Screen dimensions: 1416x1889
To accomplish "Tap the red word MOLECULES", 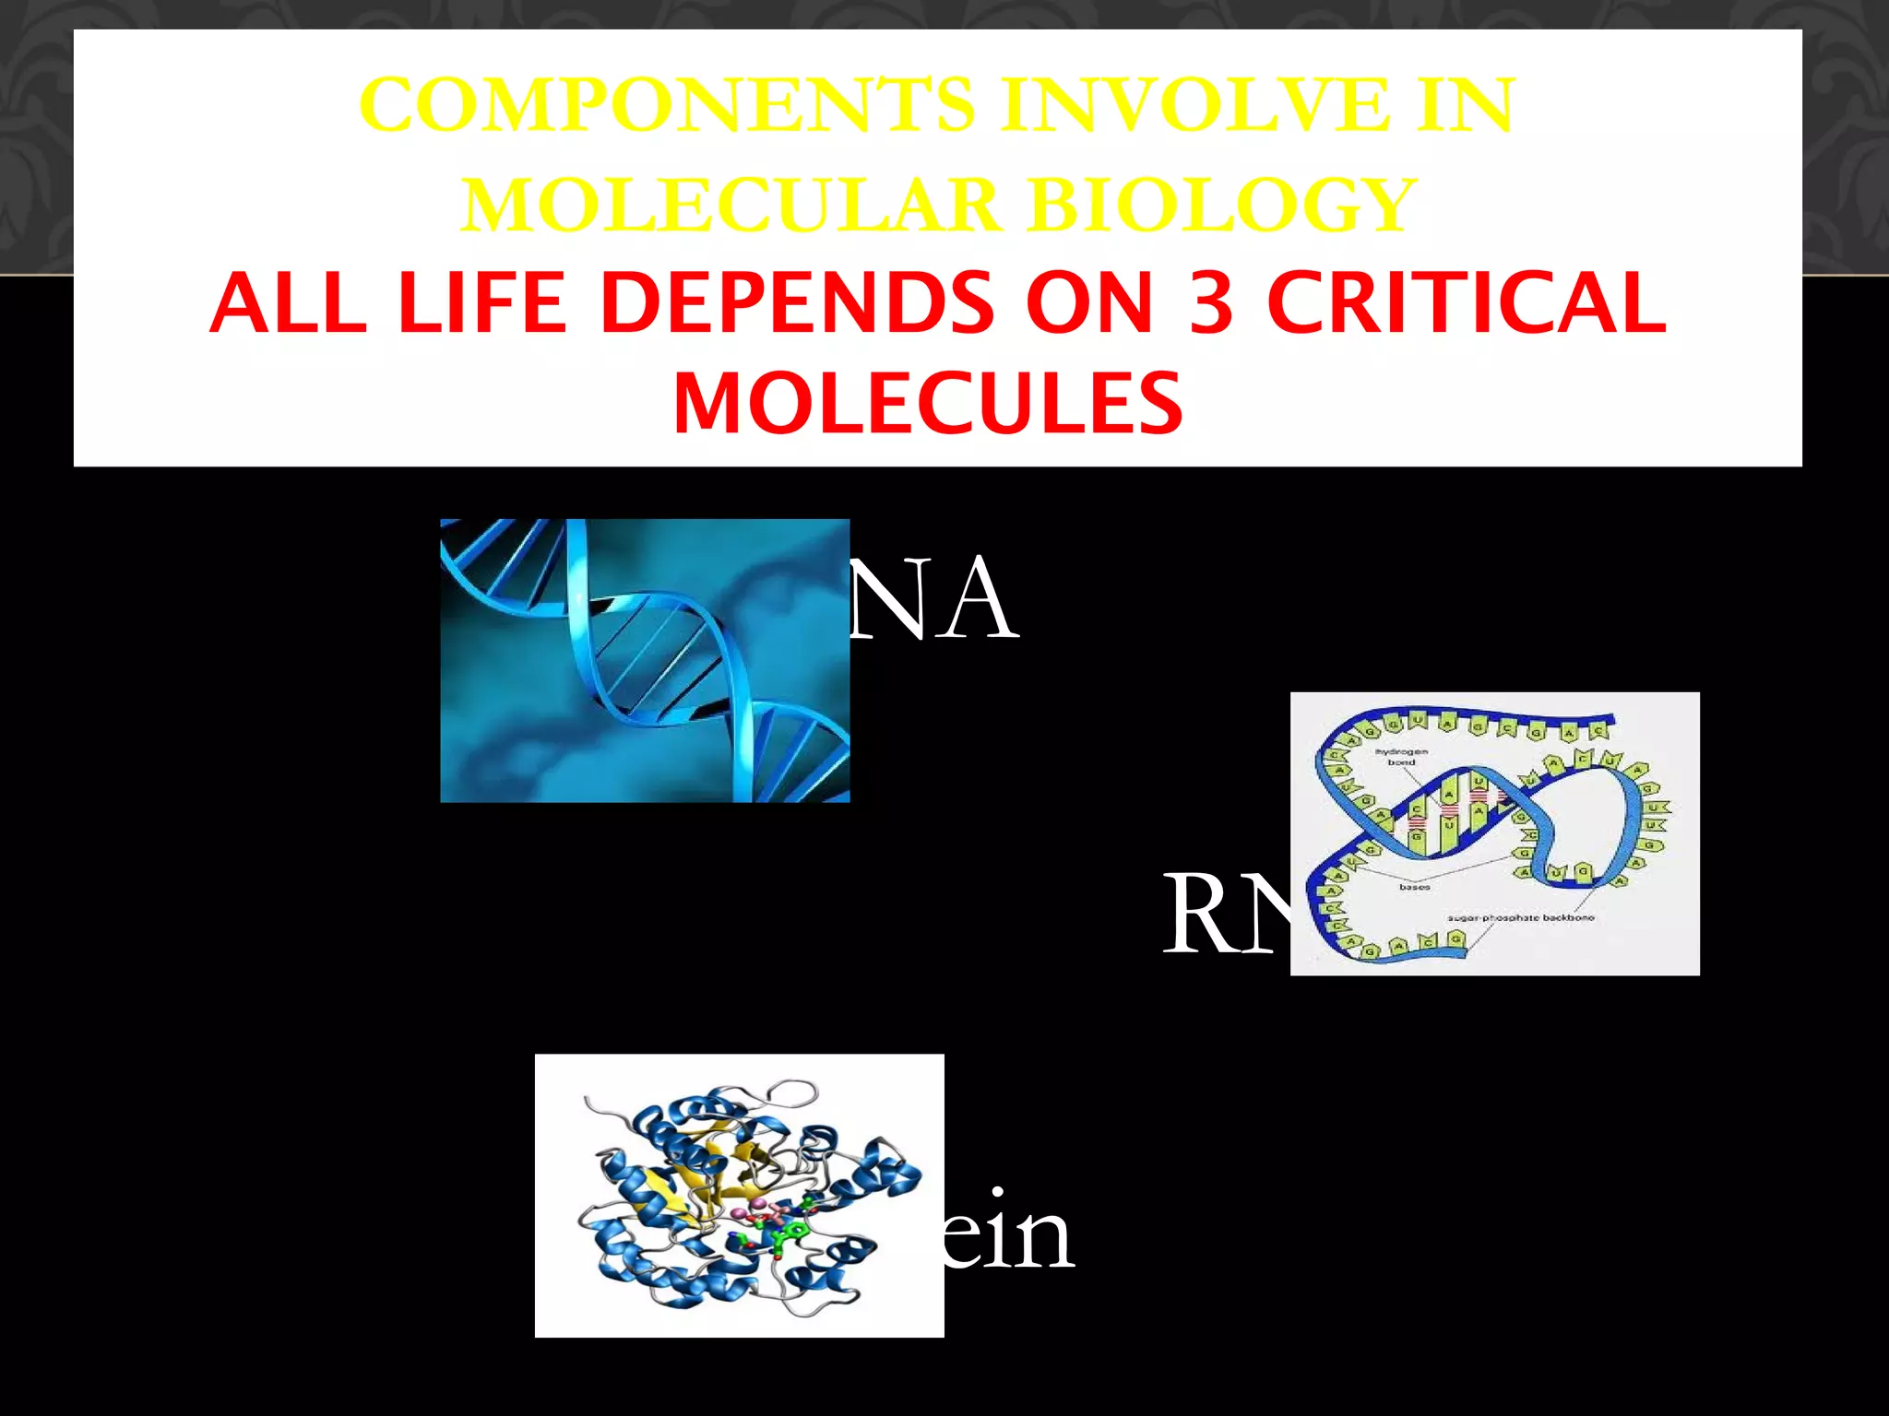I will pos(928,404).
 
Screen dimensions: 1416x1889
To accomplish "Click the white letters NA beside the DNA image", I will pos(933,599).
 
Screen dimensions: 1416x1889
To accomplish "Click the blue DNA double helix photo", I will pos(645,660).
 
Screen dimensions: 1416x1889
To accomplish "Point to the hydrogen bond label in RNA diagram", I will pos(1401,757).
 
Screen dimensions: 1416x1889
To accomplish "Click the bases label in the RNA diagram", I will pos(1414,887).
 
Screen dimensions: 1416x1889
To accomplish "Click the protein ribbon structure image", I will pos(739,1195).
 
